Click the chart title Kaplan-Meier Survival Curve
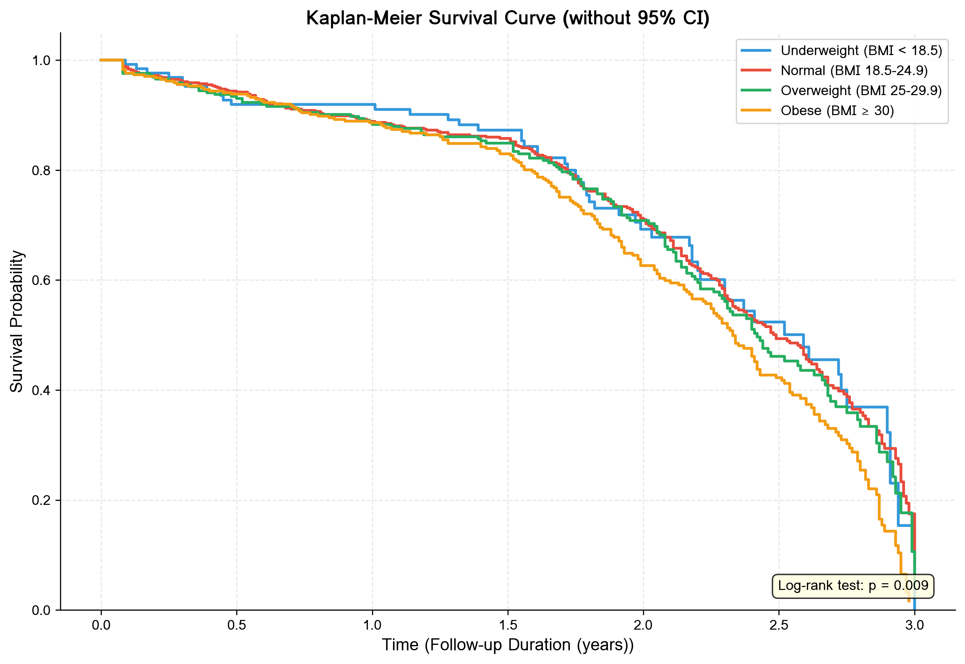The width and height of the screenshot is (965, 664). [508, 18]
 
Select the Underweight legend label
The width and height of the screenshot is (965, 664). [861, 50]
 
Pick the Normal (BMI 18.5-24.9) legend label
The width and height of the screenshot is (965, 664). [854, 70]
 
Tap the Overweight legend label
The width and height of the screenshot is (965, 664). [861, 90]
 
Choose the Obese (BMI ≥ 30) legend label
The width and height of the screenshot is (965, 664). [837, 111]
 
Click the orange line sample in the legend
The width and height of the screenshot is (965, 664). [756, 111]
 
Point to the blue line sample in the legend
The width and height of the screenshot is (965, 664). [756, 50]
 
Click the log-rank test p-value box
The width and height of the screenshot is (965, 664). [853, 586]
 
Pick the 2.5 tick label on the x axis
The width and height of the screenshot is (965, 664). [779, 625]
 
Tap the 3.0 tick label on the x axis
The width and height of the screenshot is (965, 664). [914, 625]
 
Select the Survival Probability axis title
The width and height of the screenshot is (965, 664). [17, 321]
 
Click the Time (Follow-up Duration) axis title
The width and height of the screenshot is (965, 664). [508, 645]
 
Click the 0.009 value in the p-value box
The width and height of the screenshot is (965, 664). [911, 586]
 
